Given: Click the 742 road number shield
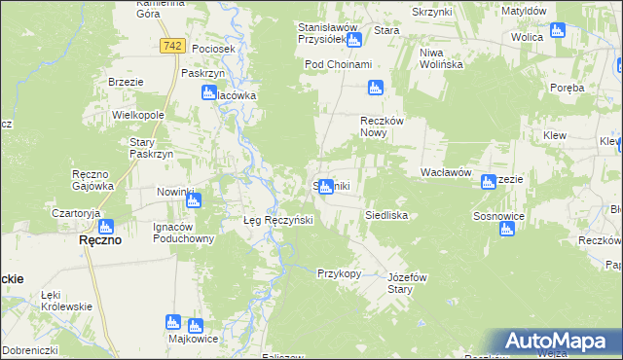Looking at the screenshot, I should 173,46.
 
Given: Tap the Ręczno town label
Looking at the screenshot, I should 99,240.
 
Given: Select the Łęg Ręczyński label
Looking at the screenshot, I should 277,220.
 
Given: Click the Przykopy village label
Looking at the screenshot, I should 339,273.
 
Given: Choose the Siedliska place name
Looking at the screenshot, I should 385,214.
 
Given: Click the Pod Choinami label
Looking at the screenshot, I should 338,64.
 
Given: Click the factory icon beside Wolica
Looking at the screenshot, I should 558,30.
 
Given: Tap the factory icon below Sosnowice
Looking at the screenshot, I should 506,230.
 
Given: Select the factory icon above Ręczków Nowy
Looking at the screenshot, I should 376,89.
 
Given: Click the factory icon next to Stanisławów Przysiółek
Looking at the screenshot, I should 353,40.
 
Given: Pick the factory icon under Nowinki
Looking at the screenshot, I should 193,201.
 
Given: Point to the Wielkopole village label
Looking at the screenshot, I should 137,115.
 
